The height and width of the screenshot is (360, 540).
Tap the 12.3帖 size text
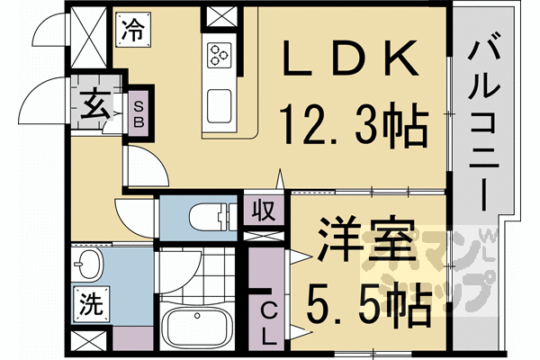[x=354, y=124]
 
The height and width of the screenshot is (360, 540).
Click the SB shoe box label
[x=139, y=115]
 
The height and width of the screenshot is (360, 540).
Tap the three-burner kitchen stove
[x=220, y=55]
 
